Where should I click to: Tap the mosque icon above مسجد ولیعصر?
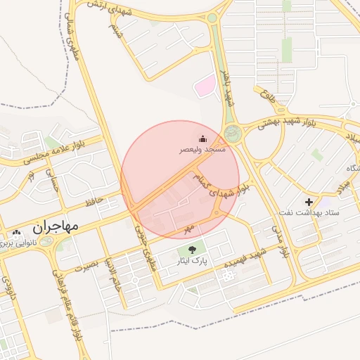tap(202, 138)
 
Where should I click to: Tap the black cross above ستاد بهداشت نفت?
tap(309, 201)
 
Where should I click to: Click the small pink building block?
tap(204, 87)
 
